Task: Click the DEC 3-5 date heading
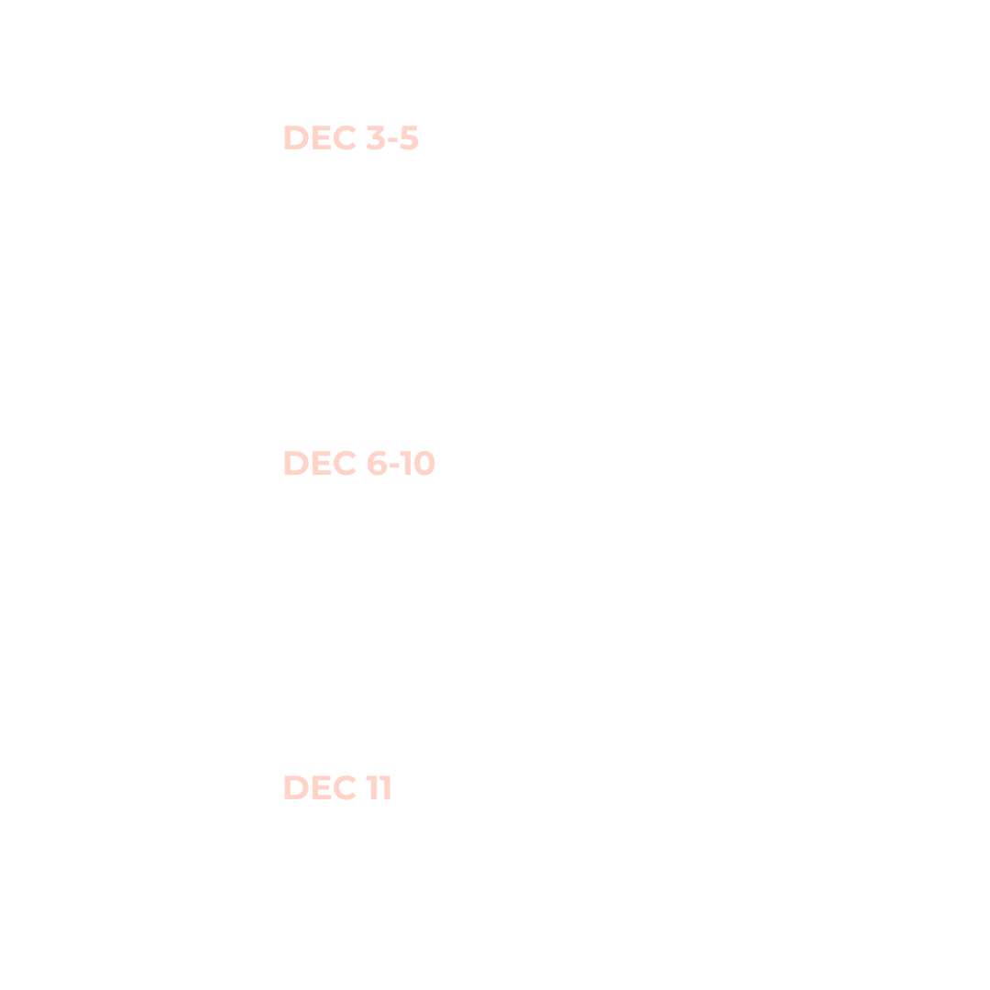[x=350, y=138]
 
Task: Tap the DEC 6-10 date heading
[x=358, y=463]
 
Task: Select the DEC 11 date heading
[x=336, y=787]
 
